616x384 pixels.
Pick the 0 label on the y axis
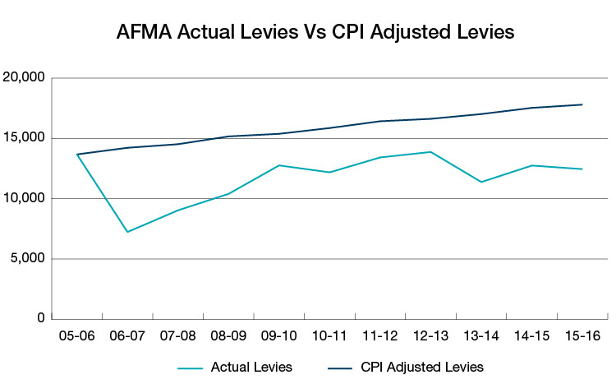[x=42, y=318]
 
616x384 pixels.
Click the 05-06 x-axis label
[x=76, y=337]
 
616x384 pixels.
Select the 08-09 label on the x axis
[x=228, y=337]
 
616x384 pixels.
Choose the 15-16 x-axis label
[x=582, y=337]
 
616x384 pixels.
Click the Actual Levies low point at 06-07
[x=127, y=232]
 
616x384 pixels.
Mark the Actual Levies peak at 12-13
[x=430, y=152]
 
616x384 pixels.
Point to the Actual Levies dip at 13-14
[x=480, y=182]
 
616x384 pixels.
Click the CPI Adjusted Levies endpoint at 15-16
[x=582, y=104]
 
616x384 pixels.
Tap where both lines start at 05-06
[x=77, y=155]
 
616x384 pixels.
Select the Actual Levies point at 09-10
[x=279, y=165]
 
